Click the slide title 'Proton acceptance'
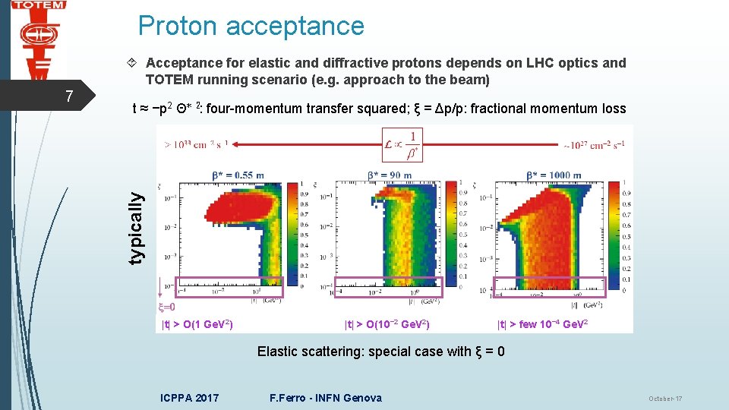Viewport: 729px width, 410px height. (251, 26)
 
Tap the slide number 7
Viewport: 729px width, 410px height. (69, 96)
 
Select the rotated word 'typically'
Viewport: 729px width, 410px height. (135, 227)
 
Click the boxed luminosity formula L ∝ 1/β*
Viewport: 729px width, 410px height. (402, 144)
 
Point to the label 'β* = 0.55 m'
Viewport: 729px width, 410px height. (238, 175)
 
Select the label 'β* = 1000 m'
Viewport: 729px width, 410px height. (554, 175)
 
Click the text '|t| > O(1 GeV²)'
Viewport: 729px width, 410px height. (197, 325)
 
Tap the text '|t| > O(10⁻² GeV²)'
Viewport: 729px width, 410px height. (387, 325)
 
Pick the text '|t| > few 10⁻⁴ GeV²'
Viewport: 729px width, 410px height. (542, 325)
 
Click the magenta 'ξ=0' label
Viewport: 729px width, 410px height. (166, 307)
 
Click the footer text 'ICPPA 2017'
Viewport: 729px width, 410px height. (190, 398)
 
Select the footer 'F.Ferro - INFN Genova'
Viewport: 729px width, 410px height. (326, 398)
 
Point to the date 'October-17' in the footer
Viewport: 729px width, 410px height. (665, 399)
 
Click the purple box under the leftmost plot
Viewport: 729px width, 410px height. (229, 287)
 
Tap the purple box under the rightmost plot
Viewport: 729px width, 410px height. (550, 285)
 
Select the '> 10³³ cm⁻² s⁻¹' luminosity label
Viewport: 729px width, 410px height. (194, 143)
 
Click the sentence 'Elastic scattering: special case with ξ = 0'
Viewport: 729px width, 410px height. (380, 352)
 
